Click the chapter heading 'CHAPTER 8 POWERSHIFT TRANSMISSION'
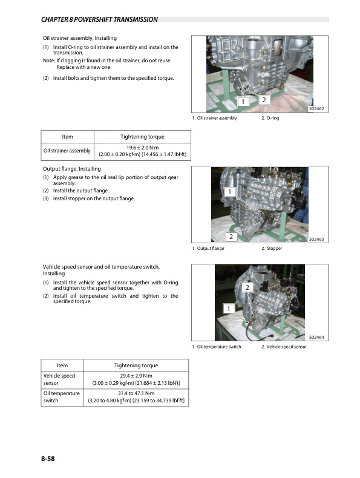click(x=99, y=19)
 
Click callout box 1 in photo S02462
click(x=243, y=102)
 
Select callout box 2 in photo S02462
click(x=264, y=99)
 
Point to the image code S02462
click(x=316, y=109)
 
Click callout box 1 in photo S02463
click(x=230, y=192)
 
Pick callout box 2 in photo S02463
click(x=230, y=236)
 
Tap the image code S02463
click(x=316, y=240)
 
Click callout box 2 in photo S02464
click(x=247, y=287)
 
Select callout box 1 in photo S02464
click(x=228, y=309)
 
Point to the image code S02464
click(x=316, y=338)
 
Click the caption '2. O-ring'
click(x=270, y=118)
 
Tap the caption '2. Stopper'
click(x=271, y=249)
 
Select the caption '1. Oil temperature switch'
click(x=216, y=347)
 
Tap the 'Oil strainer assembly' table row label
click(x=66, y=151)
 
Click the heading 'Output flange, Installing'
click(x=71, y=168)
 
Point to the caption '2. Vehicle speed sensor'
click(x=284, y=347)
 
